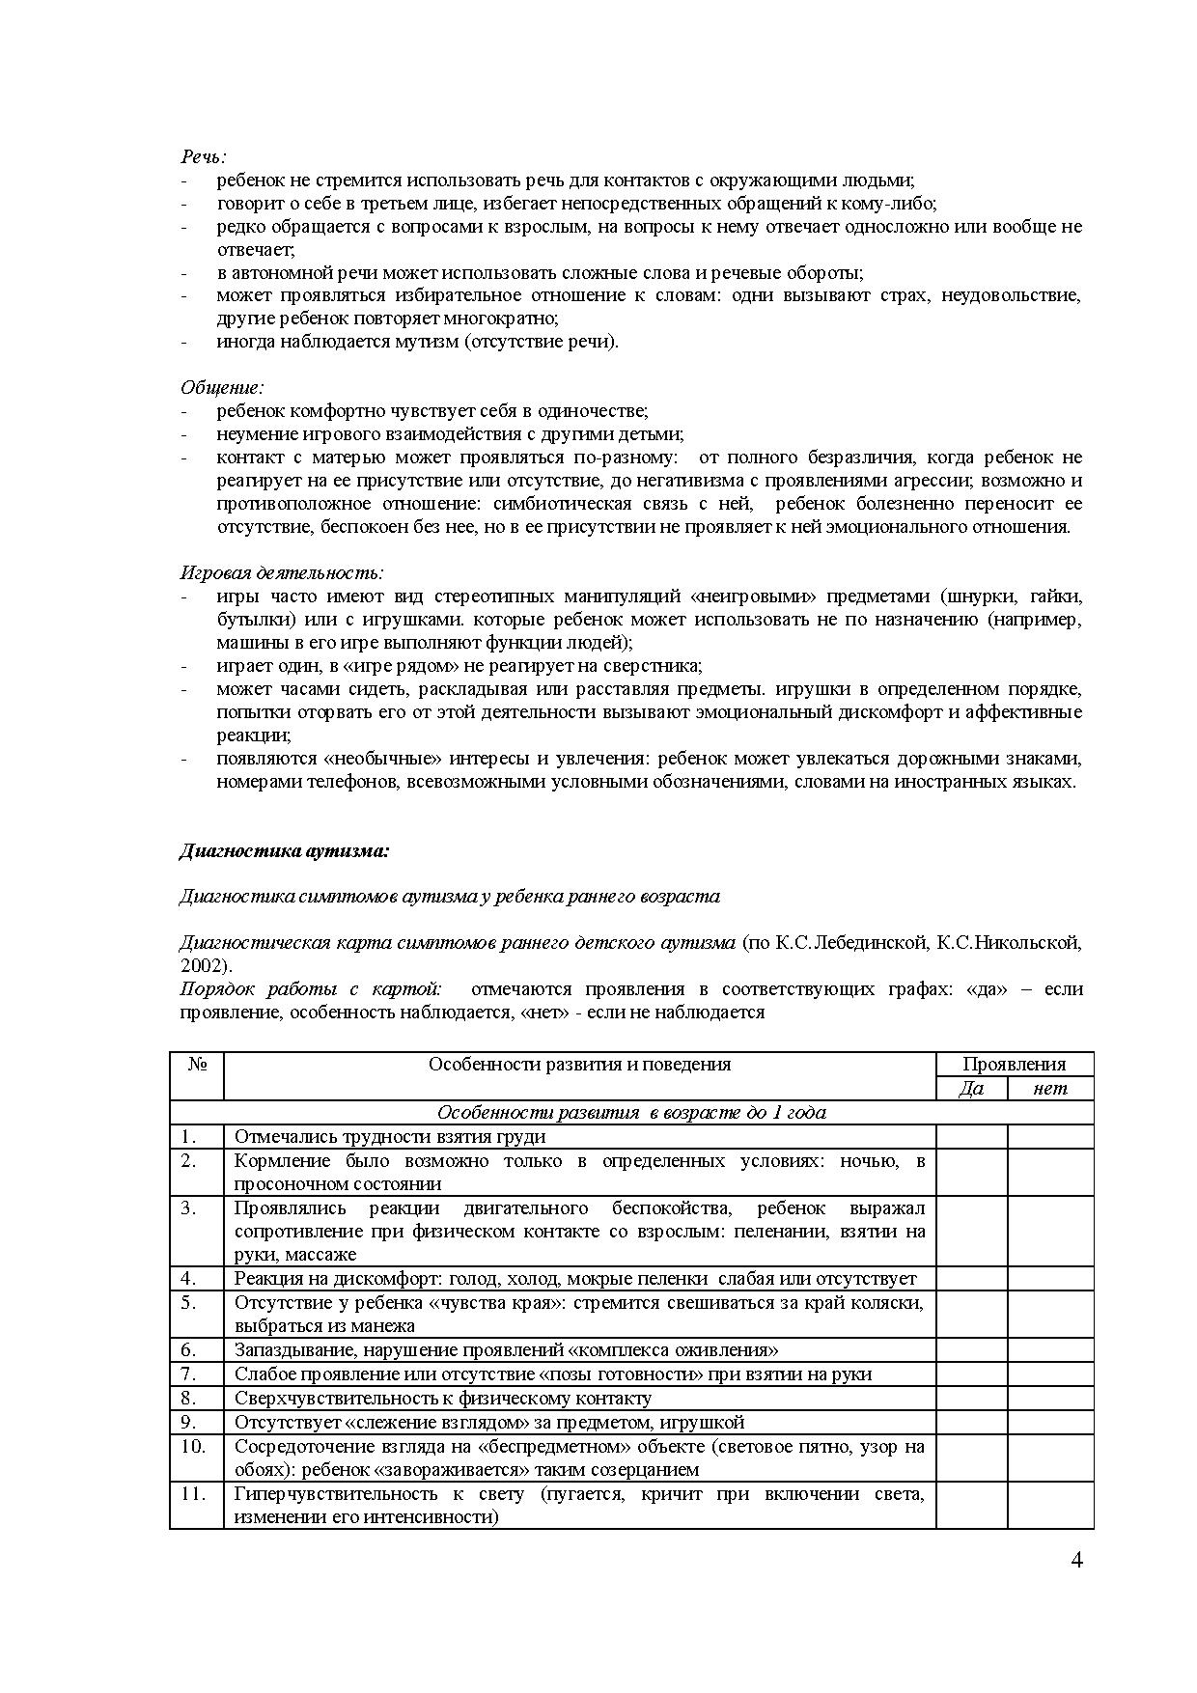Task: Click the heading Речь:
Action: (203, 156)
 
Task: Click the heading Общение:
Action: (221, 388)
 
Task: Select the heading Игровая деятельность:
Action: (281, 573)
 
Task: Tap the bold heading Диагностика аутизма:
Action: (284, 851)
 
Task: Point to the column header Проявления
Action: (1014, 1065)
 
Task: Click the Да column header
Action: (971, 1089)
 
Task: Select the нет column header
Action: (1050, 1089)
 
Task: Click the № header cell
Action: (197, 1065)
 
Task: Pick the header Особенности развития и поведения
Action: (579, 1065)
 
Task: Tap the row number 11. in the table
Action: (192, 1494)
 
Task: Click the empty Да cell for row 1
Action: (971, 1137)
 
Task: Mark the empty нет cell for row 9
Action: (1050, 1422)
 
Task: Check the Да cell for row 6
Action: (971, 1350)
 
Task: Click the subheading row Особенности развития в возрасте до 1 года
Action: (631, 1113)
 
